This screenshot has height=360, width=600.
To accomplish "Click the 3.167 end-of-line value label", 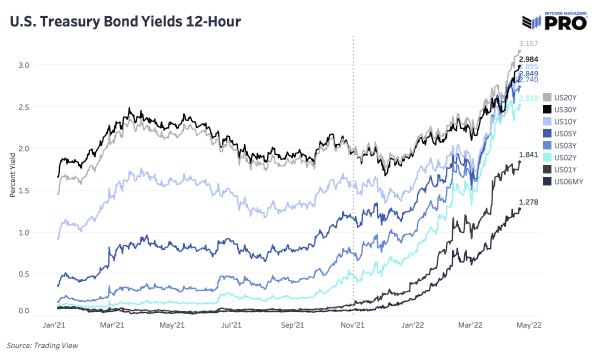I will point(530,43).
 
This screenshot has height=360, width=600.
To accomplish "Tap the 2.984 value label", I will point(529,60).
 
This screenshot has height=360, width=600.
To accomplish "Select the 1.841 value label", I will point(529,155).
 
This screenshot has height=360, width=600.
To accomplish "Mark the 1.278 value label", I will point(529,203).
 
